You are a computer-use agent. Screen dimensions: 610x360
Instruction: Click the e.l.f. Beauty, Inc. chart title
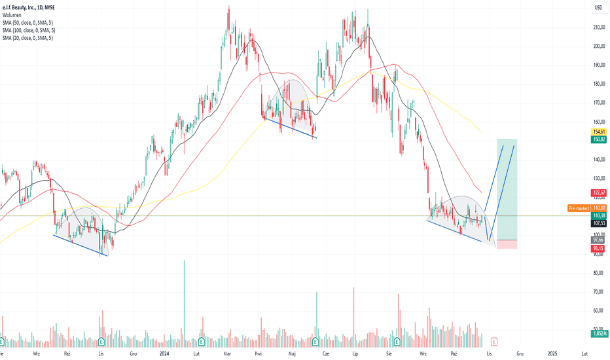tap(28, 7)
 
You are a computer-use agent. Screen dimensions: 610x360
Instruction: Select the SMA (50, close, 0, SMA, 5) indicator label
tap(27, 22)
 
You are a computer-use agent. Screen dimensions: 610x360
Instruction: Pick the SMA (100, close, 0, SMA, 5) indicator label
tap(29, 30)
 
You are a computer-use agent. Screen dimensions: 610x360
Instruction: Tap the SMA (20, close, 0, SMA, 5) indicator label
tap(27, 38)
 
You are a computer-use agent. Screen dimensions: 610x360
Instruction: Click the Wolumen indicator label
tap(12, 15)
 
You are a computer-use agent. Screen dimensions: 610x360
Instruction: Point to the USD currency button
tap(598, 7)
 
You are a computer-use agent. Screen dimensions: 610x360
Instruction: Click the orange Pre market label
tap(579, 208)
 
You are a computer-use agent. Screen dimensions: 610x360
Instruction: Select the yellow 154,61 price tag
tap(599, 132)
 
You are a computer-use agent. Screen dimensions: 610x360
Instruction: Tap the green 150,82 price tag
tap(599, 139)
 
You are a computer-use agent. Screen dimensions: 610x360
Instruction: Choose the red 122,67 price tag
tap(599, 192)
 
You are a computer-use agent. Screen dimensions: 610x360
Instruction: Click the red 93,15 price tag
tap(599, 248)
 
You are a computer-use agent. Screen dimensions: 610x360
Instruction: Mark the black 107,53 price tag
tap(599, 223)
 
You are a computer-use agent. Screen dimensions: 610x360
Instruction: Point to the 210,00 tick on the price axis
tap(599, 27)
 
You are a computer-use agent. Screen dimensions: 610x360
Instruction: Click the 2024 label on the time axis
tap(164, 353)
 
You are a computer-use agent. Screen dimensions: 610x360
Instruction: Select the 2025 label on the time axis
tap(552, 353)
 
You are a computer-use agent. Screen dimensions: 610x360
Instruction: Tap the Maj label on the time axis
tap(292, 353)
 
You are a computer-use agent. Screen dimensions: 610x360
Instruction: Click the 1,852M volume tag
tap(599, 334)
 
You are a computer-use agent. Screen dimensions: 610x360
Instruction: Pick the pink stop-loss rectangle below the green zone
tap(507, 244)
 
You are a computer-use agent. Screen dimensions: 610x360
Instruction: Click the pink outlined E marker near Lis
tap(494, 342)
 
